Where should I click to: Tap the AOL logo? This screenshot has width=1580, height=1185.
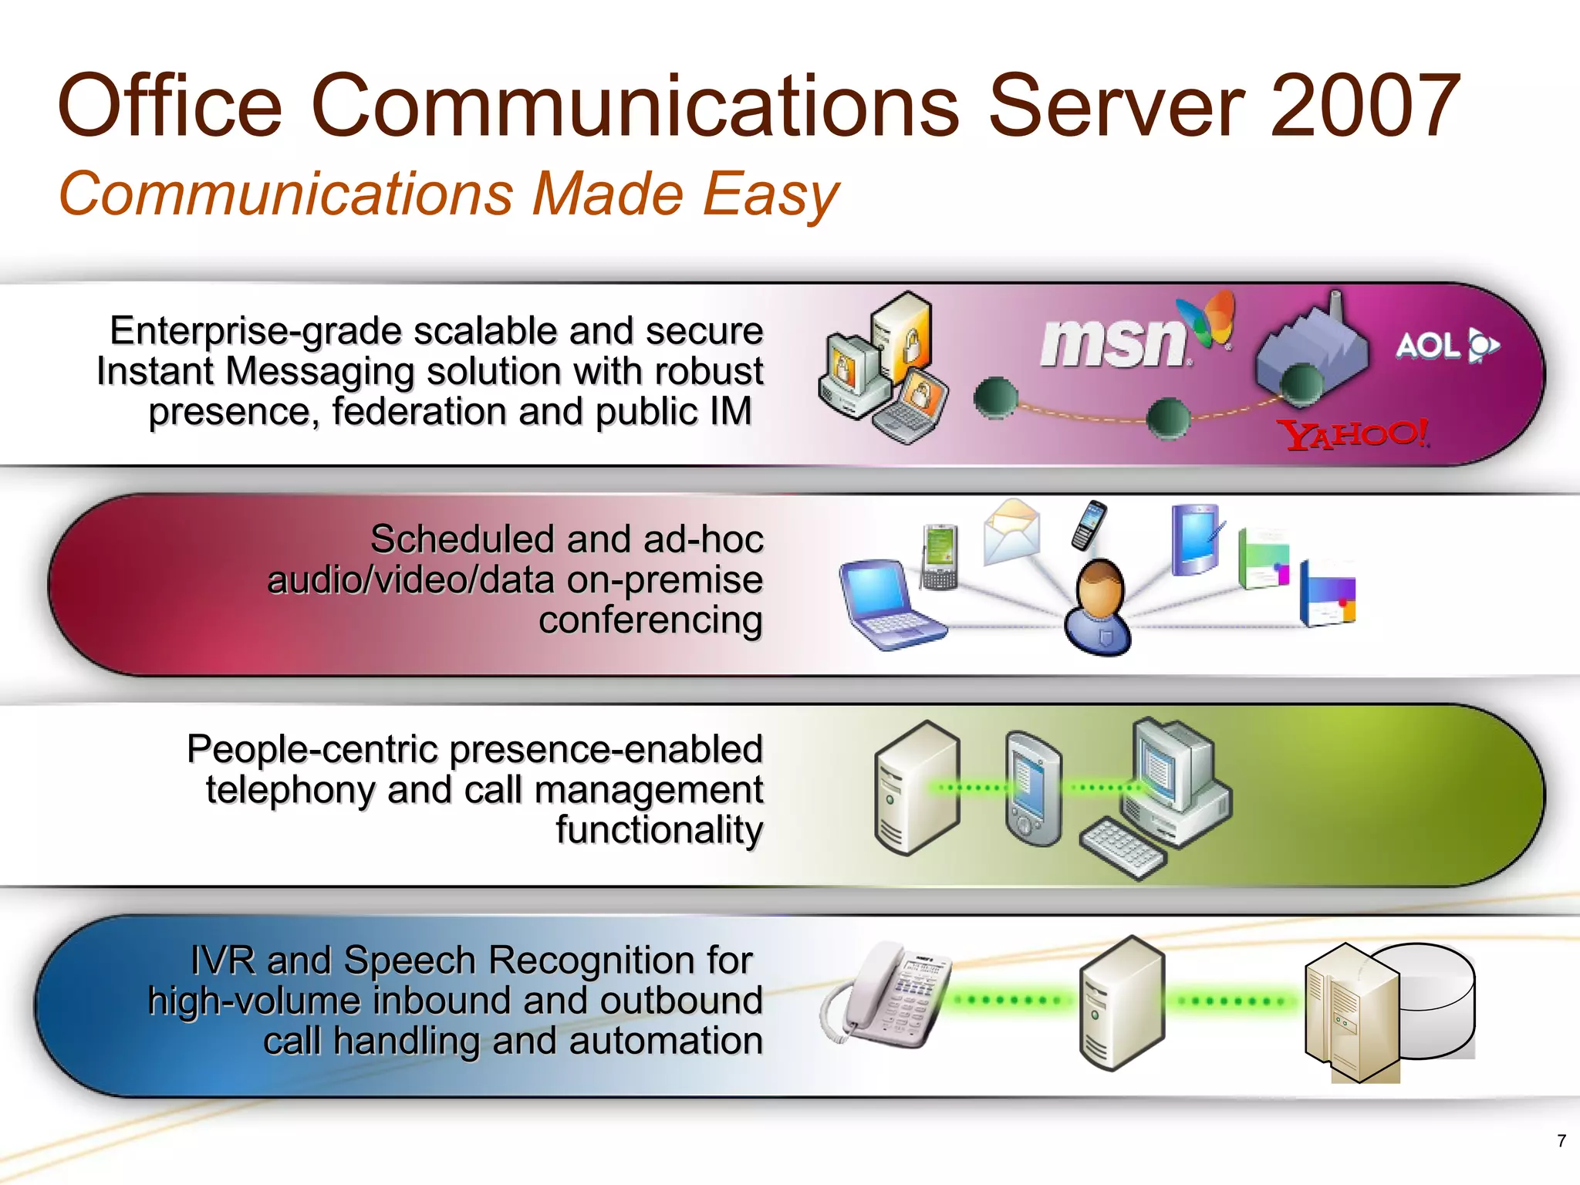tap(1446, 346)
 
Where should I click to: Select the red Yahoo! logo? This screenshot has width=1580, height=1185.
tap(1355, 434)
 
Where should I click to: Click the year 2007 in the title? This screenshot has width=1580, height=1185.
tap(1363, 106)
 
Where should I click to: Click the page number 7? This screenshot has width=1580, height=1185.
tap(1561, 1140)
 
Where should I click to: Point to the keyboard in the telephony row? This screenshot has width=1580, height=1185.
tap(1123, 848)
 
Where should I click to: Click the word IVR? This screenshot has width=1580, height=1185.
tap(224, 960)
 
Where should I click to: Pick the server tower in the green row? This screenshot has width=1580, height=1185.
tap(917, 787)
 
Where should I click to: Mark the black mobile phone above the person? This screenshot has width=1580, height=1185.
tap(1089, 525)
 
